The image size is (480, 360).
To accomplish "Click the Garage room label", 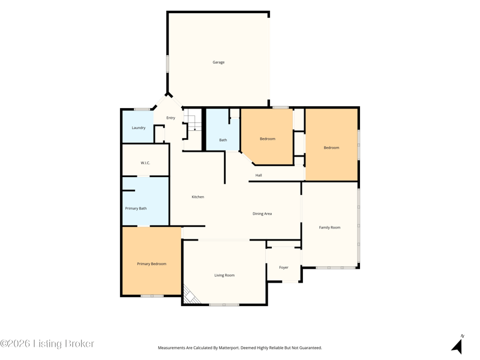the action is [x=218, y=62].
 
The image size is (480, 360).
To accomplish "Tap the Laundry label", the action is [x=139, y=128].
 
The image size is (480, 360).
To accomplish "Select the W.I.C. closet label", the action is [x=145, y=163].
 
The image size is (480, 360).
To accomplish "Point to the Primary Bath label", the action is [x=136, y=208].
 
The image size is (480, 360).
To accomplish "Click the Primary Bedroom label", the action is [x=152, y=264].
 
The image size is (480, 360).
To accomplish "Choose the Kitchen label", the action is [x=198, y=197].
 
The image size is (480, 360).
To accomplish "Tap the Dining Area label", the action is [x=262, y=214].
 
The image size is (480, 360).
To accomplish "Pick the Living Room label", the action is [x=224, y=275].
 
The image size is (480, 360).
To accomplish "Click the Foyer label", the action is [x=284, y=268].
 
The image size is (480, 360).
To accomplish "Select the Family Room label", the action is [x=329, y=227].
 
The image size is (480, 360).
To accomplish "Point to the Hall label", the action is [x=259, y=175].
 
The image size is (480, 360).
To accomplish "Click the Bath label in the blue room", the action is [x=223, y=140].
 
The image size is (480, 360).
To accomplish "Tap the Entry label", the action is [x=171, y=118].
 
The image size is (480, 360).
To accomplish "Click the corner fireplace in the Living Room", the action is [x=189, y=295].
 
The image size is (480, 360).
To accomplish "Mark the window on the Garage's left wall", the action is [x=167, y=64].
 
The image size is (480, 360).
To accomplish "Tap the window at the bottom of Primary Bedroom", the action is [x=152, y=296].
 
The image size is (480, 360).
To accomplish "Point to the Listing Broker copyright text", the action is [x=47, y=344].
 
